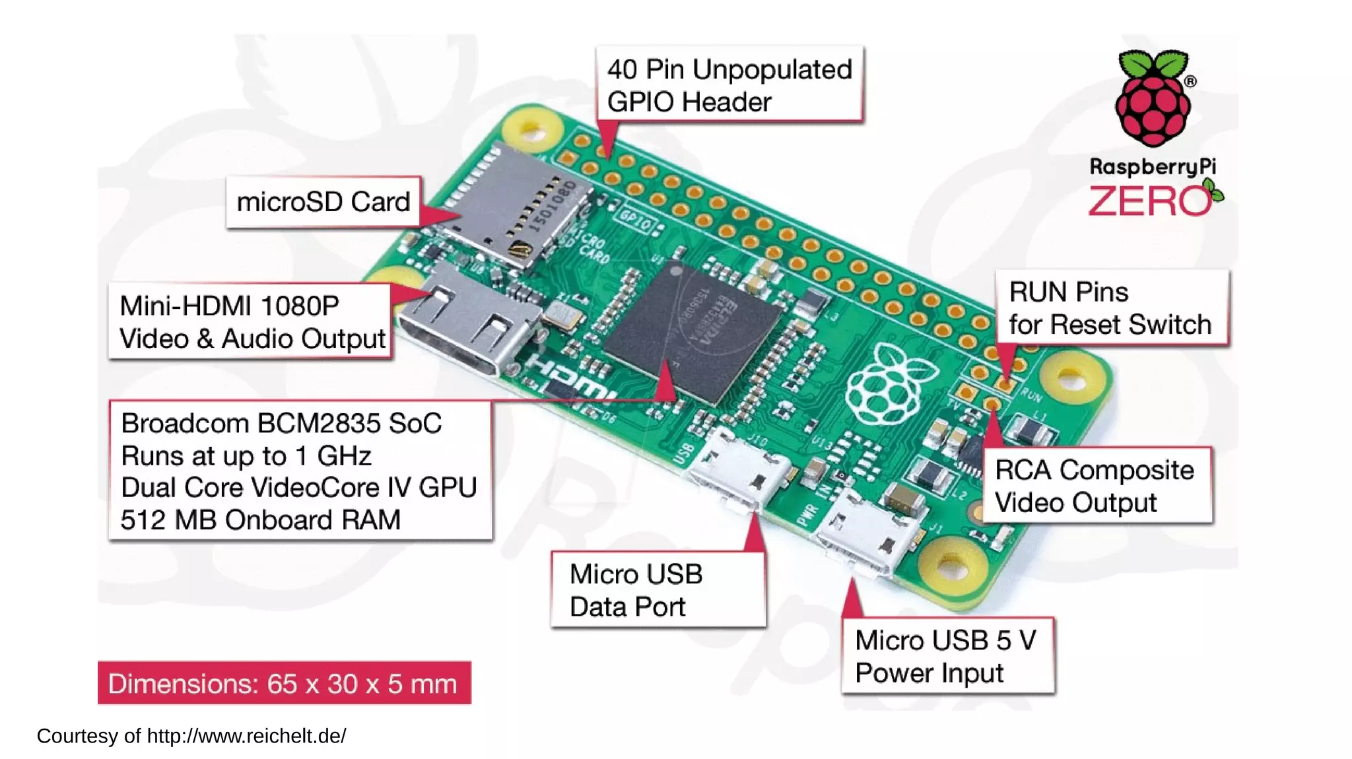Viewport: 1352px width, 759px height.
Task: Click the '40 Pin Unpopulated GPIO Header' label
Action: (729, 85)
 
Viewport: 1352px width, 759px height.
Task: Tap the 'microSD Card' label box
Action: (323, 202)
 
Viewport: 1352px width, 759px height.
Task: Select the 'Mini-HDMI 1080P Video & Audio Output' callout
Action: (251, 322)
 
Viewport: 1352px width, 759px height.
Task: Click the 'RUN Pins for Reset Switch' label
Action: (1111, 308)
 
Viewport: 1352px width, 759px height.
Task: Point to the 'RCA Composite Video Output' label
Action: (1096, 486)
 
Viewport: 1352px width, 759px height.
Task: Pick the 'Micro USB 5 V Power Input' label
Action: (947, 656)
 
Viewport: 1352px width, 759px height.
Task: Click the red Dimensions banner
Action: (284, 683)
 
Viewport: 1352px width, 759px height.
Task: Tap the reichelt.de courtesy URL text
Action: (246, 736)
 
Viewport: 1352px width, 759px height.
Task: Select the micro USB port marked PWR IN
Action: (865, 535)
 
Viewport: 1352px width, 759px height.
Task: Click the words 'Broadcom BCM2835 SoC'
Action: (281, 424)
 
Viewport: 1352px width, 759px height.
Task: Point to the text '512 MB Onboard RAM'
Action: (260, 520)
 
